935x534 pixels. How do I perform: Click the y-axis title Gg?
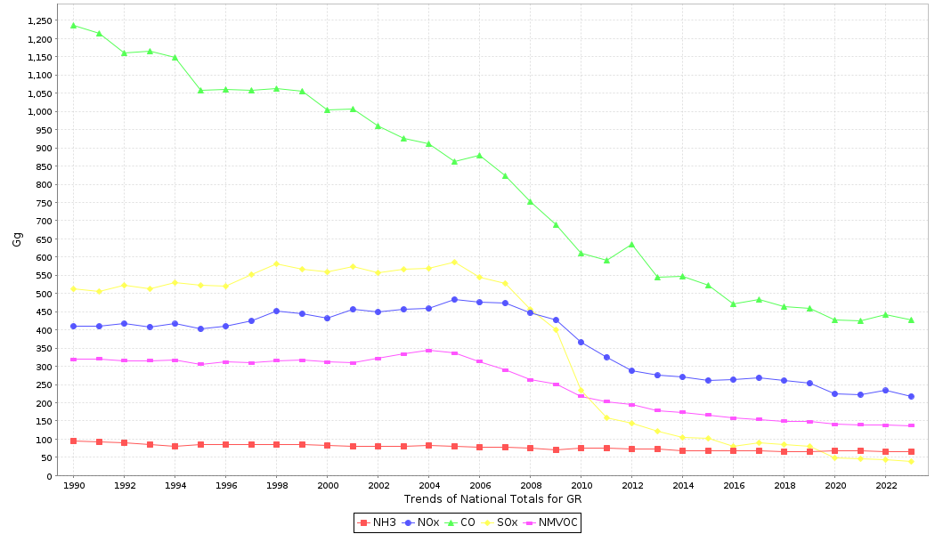click(x=17, y=239)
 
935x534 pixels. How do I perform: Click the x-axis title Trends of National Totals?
click(x=492, y=499)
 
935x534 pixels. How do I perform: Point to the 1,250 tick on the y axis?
click(x=39, y=20)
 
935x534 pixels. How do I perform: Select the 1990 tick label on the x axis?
click(x=73, y=486)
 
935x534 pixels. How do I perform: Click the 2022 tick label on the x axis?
click(x=885, y=486)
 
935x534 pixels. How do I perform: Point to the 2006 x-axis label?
click(x=479, y=486)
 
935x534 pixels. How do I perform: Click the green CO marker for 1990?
click(x=73, y=25)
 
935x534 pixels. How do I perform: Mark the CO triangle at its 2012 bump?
click(x=631, y=244)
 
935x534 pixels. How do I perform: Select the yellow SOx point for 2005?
click(x=454, y=262)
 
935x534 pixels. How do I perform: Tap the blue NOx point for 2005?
click(x=454, y=299)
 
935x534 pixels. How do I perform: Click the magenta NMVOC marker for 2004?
click(x=428, y=350)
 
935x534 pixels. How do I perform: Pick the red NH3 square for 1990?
click(x=73, y=441)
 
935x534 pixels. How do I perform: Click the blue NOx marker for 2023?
click(x=911, y=396)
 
